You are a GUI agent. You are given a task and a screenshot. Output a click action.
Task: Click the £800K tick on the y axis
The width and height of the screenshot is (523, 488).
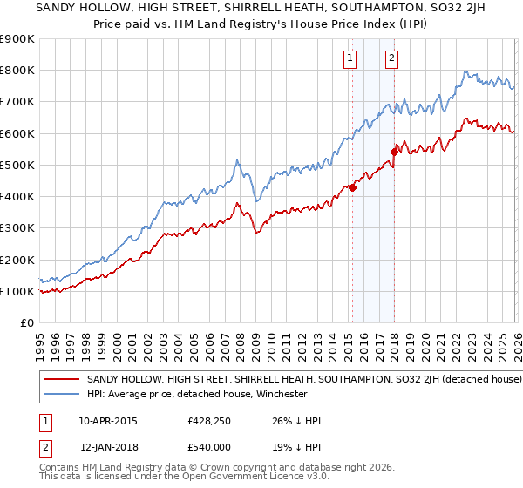pyautogui.click(x=17, y=71)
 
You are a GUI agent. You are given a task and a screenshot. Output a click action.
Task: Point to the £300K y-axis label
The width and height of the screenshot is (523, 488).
pyautogui.click(x=17, y=228)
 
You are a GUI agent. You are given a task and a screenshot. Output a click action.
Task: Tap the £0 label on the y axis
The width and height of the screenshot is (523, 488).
pyautogui.click(x=27, y=322)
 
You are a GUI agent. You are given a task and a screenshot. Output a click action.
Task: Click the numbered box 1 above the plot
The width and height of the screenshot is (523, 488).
pyautogui.click(x=350, y=58)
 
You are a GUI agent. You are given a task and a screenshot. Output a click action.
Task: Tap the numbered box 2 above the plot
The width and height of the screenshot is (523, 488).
pyautogui.click(x=391, y=58)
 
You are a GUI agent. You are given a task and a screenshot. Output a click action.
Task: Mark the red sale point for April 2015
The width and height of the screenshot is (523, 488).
pyautogui.click(x=352, y=187)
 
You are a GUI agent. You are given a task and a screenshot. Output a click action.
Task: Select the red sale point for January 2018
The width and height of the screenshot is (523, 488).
pyautogui.click(x=395, y=152)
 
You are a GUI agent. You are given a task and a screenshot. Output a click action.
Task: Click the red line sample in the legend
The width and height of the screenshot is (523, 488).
pyautogui.click(x=62, y=380)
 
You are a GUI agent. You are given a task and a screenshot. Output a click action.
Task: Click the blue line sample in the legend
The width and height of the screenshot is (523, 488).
pyautogui.click(x=62, y=394)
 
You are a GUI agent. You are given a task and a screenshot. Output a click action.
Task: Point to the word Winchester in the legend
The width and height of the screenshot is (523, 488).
pyautogui.click(x=279, y=394)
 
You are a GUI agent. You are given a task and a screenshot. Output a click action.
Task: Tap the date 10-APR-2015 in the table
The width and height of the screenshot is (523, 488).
pyautogui.click(x=108, y=421)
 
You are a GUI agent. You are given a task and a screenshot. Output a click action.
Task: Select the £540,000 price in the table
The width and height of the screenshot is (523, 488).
pyautogui.click(x=208, y=445)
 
